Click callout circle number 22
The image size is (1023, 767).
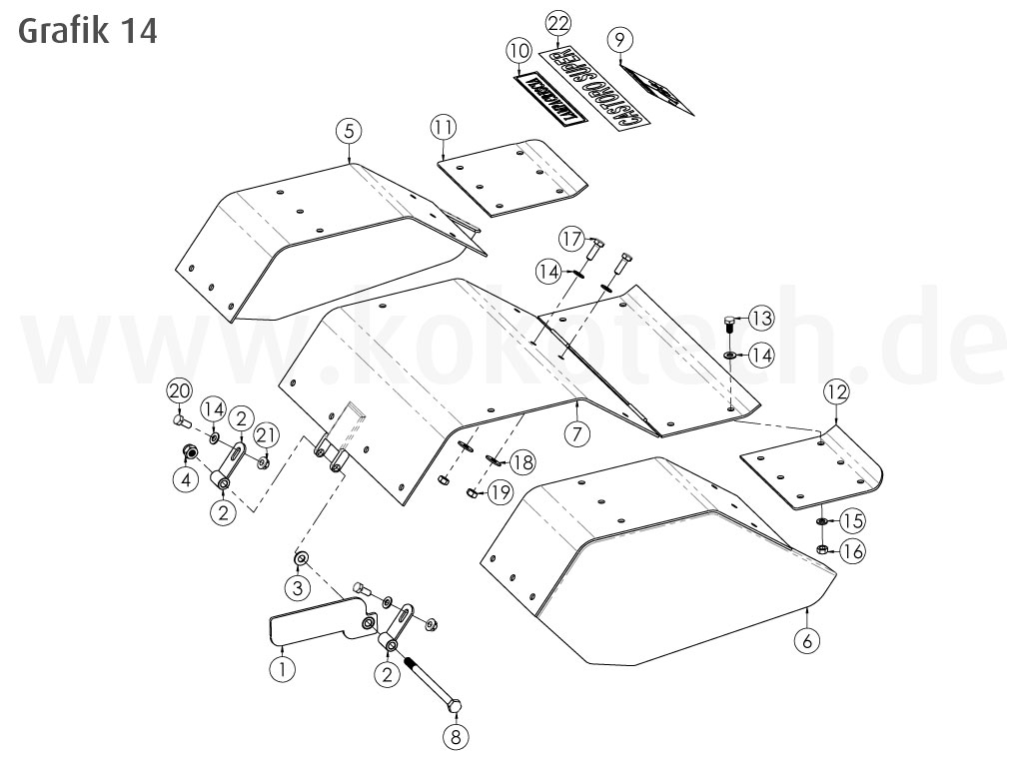coord(559,23)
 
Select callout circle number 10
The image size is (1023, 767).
coord(517,50)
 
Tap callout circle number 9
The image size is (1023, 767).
coord(620,40)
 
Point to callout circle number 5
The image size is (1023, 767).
coord(348,130)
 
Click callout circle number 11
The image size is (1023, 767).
coord(444,127)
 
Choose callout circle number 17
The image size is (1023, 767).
coord(570,240)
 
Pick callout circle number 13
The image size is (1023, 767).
coord(761,319)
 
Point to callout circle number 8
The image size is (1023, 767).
coord(454,739)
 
